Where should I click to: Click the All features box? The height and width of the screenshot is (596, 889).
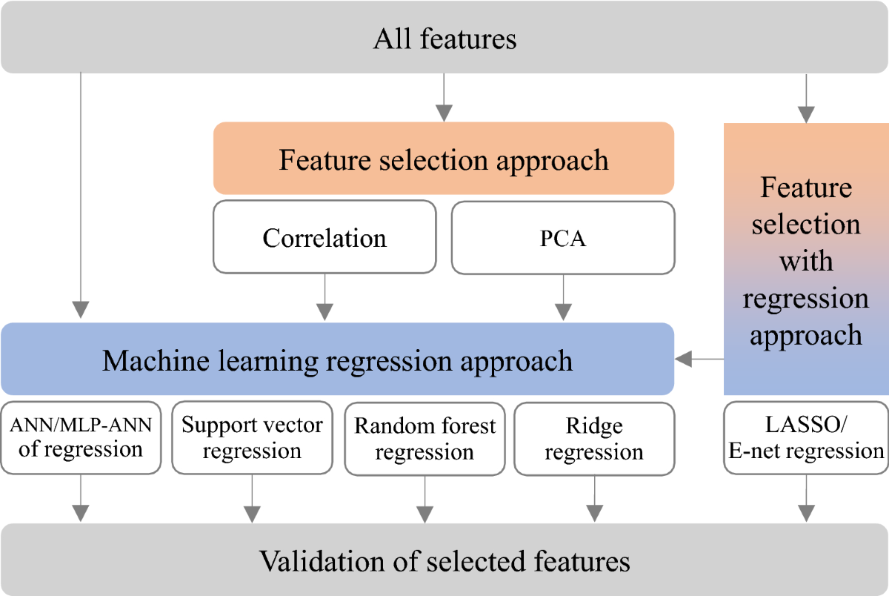point(444,37)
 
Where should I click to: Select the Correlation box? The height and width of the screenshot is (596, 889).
point(324,237)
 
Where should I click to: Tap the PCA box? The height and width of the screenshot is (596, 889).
point(563,238)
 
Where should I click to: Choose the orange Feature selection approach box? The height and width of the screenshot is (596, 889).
point(444,159)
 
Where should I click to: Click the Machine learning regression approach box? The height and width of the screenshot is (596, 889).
point(337,359)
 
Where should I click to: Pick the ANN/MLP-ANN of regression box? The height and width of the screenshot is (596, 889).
point(81,438)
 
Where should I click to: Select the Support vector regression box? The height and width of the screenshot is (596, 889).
point(253,438)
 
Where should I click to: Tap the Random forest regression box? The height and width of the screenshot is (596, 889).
point(425,439)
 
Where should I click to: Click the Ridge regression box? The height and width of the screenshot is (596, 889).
point(594,439)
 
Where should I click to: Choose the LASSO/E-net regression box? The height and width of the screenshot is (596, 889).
point(806,438)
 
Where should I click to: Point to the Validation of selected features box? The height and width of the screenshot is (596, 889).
point(444,560)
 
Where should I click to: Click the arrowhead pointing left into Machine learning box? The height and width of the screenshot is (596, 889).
point(683,359)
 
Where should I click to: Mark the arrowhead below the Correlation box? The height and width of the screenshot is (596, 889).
point(324,312)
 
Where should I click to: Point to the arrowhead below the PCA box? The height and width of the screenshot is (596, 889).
point(563,312)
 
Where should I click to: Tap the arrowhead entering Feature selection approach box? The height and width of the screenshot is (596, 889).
point(444,113)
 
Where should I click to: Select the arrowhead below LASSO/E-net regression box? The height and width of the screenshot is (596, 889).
point(807,514)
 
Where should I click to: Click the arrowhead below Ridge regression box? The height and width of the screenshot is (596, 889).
point(594,514)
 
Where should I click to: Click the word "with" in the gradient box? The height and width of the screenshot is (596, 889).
point(806,261)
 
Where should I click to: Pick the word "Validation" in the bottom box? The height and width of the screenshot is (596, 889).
point(322,561)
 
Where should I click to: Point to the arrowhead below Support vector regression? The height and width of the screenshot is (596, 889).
point(253,514)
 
